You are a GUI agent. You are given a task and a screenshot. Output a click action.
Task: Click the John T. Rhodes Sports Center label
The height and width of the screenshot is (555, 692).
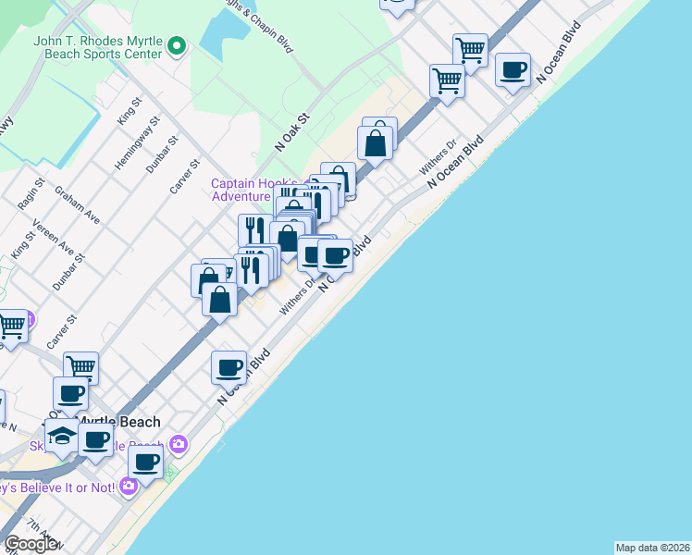97,46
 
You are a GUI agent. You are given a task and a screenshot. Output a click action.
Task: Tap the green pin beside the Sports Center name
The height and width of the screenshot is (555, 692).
179,44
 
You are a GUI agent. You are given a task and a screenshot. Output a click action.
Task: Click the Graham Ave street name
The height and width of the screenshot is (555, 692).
77,205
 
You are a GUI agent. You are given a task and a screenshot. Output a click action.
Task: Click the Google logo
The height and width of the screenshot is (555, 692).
30,544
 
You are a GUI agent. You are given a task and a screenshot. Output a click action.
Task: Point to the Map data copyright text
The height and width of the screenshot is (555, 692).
653,548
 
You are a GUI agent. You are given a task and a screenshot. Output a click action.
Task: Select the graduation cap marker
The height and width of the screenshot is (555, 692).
62,436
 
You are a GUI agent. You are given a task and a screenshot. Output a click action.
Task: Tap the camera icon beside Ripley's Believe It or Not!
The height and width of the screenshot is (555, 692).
128,485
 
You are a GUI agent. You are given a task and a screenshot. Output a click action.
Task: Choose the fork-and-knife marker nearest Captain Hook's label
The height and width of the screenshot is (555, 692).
253,229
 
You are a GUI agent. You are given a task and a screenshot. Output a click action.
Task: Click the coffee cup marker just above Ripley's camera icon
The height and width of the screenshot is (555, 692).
145,462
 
